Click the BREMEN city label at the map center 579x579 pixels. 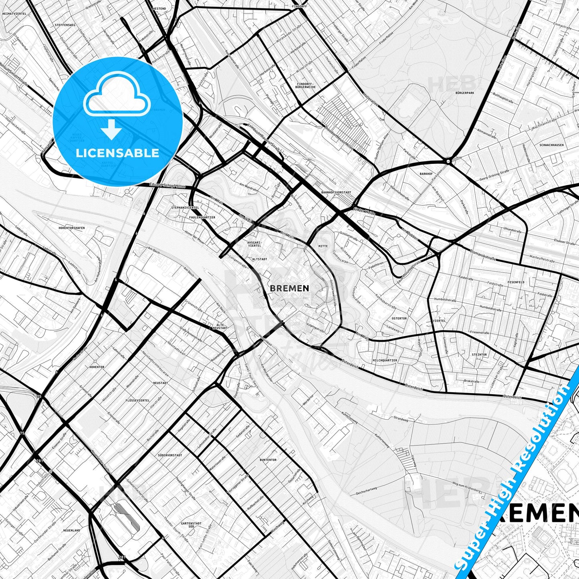(x=289, y=288)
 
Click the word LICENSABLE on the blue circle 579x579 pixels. (x=118, y=153)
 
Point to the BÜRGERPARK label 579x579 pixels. (x=465, y=93)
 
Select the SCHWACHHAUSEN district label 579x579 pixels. (x=551, y=145)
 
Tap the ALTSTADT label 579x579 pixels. (x=259, y=259)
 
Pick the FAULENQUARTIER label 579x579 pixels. (x=202, y=217)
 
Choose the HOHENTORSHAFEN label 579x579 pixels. (x=71, y=228)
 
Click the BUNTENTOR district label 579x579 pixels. (x=268, y=460)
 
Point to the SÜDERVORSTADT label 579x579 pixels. (x=170, y=455)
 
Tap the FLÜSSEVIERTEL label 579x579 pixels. (x=137, y=400)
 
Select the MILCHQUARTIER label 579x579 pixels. (x=385, y=360)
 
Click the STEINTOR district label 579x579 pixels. (x=479, y=355)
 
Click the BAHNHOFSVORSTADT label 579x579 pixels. (x=336, y=192)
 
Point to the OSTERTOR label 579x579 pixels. (x=399, y=319)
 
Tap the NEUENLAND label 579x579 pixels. (x=71, y=530)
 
